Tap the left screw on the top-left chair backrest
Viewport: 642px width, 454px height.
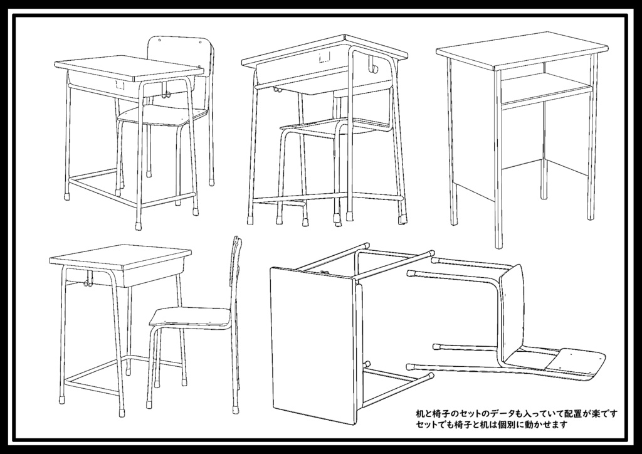tap(160, 41)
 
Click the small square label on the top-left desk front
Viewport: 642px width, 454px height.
tap(120, 85)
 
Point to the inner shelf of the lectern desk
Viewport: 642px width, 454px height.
tap(547, 88)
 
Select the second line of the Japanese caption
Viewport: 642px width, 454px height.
tap(492, 425)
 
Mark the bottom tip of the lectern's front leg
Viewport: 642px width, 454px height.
tap(498, 247)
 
